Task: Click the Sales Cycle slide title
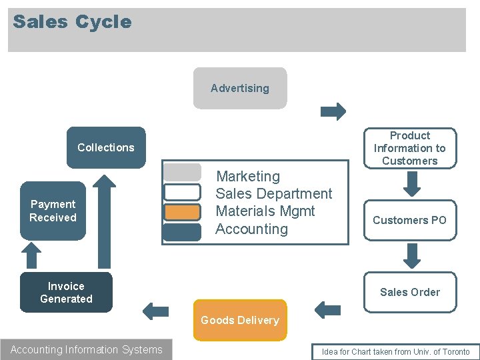click(72, 22)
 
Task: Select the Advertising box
click(240, 88)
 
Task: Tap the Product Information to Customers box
click(409, 148)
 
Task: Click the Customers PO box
click(409, 220)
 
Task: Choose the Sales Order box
click(409, 292)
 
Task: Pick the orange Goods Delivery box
click(240, 320)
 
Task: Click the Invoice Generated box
click(66, 292)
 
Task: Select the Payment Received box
click(53, 211)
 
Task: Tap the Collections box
click(106, 147)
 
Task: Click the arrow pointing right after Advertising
click(333, 111)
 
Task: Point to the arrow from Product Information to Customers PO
click(413, 184)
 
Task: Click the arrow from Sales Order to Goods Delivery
click(327, 309)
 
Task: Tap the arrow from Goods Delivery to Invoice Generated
click(156, 311)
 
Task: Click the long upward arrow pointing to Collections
click(103, 220)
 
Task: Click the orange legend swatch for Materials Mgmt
click(182, 212)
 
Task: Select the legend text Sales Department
click(273, 194)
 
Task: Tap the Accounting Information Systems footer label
click(87, 350)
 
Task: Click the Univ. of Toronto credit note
click(395, 352)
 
